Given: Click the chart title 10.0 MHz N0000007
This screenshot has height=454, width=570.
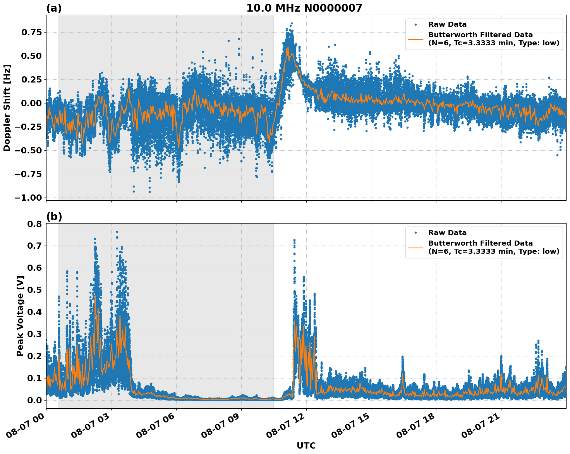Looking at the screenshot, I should tap(304, 8).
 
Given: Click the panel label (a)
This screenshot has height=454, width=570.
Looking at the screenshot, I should tap(54, 8).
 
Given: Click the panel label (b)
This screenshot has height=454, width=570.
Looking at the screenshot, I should tap(54, 217).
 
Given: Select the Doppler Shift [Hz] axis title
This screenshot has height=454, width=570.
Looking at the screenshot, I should tap(7, 108).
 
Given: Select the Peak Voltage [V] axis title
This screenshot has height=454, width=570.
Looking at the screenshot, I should tap(20, 316).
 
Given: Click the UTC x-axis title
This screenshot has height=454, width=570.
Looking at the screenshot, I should tap(306, 445).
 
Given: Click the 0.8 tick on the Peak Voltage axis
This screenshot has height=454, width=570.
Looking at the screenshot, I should tap(36, 224).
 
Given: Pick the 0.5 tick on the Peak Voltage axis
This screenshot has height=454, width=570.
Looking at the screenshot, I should tap(36, 290).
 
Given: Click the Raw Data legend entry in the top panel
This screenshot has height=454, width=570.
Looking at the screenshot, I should tap(447, 24).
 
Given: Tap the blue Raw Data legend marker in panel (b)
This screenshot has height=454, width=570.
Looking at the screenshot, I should tap(415, 233).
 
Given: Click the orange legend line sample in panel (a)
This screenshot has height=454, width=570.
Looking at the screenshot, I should tap(415, 39).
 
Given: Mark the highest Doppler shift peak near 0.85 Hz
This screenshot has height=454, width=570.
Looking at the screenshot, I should tap(292, 24).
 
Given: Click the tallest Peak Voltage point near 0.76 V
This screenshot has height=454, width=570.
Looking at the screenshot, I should tap(117, 232).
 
